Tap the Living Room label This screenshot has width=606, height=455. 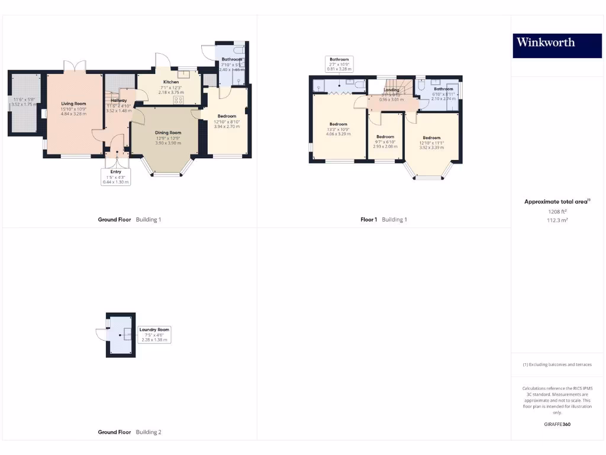point(73,104)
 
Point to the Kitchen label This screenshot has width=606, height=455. point(171,82)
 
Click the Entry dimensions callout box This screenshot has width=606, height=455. point(115,177)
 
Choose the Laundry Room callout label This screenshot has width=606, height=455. point(154,335)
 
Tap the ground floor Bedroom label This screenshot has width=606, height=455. point(227,116)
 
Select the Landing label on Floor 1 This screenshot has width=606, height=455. point(391,90)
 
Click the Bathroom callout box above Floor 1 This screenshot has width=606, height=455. point(339,64)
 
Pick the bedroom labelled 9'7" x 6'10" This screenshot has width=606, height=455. point(385,137)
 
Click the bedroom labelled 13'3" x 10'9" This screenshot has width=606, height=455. point(338,124)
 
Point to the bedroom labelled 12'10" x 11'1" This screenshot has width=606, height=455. point(431,138)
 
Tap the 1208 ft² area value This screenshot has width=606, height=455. point(556,212)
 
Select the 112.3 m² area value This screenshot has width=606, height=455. point(556,220)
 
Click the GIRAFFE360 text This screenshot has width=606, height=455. point(556,424)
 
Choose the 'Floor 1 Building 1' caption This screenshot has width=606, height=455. point(383,220)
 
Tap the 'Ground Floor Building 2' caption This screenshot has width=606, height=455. point(129,432)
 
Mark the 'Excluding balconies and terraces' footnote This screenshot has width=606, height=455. point(556,364)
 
